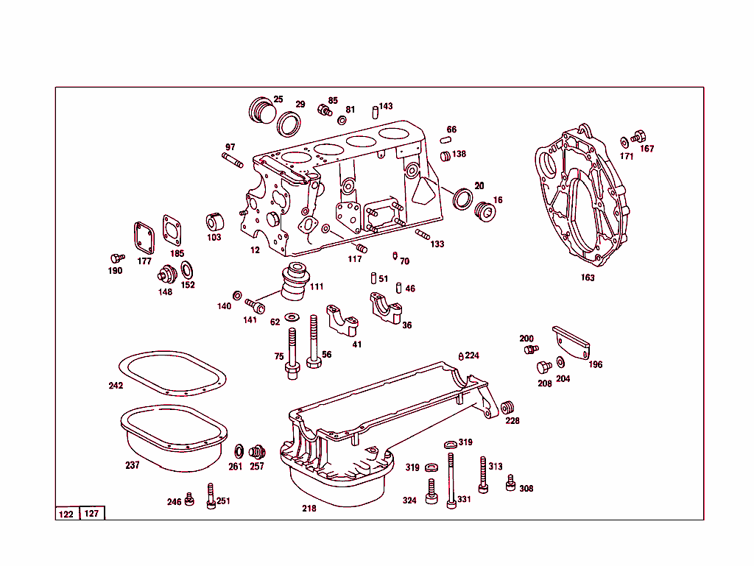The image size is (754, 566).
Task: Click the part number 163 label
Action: (x=588, y=277)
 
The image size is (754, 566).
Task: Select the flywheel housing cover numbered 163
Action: (x=582, y=199)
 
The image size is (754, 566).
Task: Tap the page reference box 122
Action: (x=66, y=514)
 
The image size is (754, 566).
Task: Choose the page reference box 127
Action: (x=92, y=514)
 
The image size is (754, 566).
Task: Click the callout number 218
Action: (x=309, y=509)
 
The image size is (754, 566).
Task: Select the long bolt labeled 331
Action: (x=450, y=478)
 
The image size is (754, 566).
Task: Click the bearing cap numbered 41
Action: (x=342, y=320)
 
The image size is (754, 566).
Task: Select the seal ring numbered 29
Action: (x=289, y=124)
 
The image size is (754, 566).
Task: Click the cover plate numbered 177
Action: (x=143, y=237)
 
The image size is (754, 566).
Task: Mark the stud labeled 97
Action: (x=232, y=160)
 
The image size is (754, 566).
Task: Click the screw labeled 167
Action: (x=638, y=136)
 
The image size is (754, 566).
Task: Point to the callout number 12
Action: (x=255, y=250)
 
